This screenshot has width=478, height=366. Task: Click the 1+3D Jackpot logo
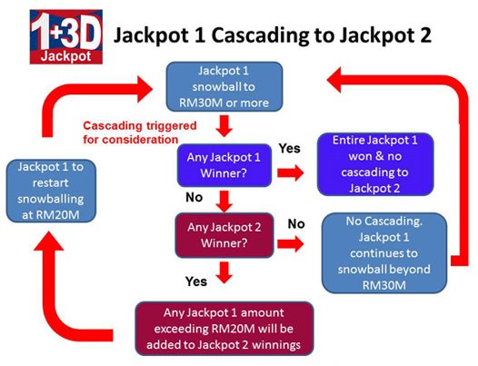tap(66, 37)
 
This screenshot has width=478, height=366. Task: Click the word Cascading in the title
tap(264, 35)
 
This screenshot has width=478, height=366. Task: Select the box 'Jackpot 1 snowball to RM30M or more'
tap(224, 86)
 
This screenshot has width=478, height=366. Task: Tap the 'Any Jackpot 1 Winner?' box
tap(224, 165)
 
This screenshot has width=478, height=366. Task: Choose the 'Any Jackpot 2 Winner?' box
tap(224, 235)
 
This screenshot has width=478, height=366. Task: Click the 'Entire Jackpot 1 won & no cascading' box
tap(375, 164)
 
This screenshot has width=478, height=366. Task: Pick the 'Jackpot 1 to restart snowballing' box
tap(51, 191)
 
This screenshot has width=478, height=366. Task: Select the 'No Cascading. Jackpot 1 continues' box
tap(384, 253)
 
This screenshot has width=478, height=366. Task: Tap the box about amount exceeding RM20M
tap(224, 329)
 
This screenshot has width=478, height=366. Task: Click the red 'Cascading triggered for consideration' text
tap(140, 133)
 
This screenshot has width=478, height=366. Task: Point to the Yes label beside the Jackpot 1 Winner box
tap(290, 148)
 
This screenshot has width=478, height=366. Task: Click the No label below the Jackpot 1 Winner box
tap(194, 197)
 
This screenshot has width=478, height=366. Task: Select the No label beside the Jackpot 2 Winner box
tap(296, 224)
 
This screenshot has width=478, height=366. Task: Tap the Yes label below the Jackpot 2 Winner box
tap(196, 282)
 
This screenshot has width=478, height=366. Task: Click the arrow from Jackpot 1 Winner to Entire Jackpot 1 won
tap(291, 173)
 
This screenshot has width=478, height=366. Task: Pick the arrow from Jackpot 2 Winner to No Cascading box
tap(291, 243)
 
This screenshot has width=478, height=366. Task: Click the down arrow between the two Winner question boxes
tap(224, 202)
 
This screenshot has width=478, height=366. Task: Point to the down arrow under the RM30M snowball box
tap(224, 126)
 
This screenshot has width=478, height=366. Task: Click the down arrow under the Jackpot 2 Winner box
tap(224, 272)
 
